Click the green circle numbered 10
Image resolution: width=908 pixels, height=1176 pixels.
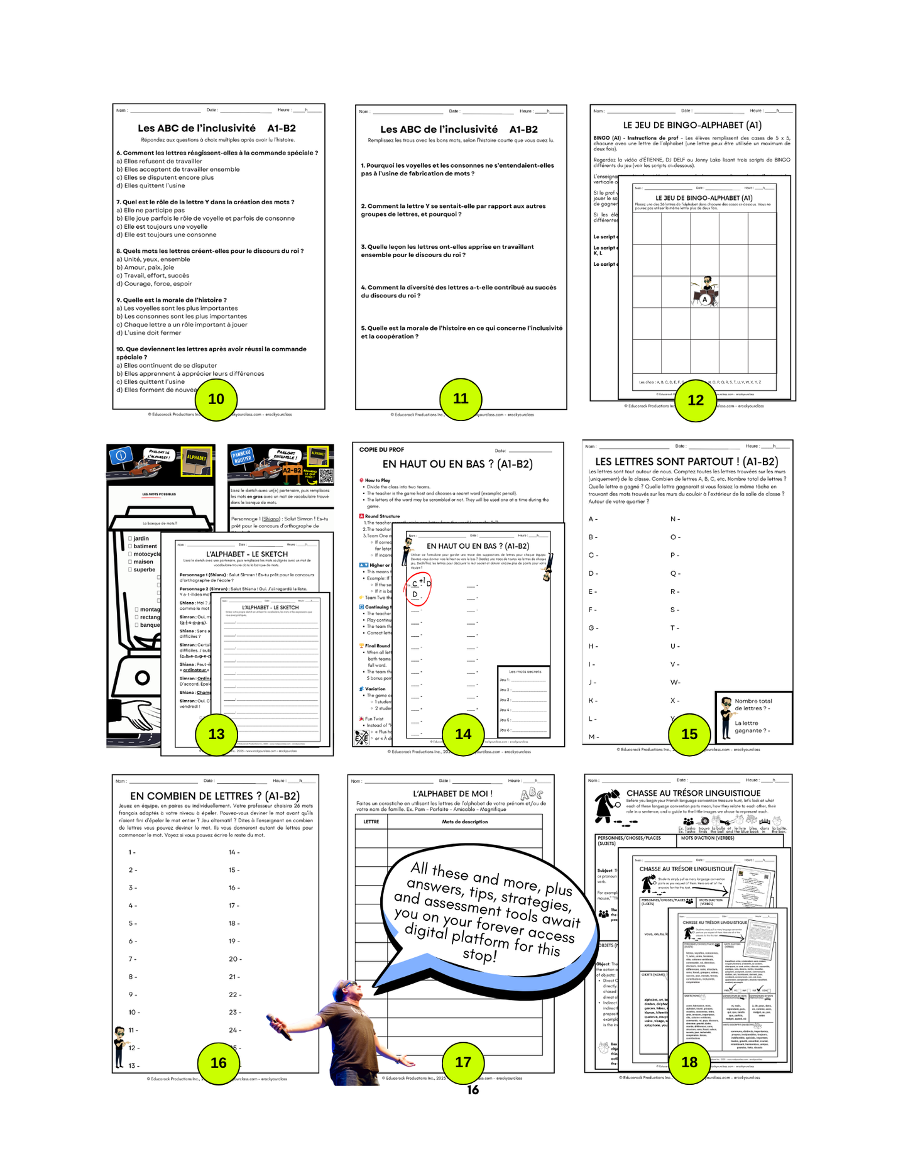point(216,399)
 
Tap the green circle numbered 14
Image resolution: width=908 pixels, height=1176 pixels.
point(463,734)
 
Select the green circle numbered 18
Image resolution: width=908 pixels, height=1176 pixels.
point(689,1062)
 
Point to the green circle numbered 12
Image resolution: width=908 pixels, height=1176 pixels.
point(696,400)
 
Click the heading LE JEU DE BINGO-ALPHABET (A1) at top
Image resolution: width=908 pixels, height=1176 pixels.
point(692,125)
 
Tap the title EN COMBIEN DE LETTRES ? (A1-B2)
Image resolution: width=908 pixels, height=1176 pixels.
point(215,796)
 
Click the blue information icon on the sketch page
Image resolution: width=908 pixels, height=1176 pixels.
point(121,455)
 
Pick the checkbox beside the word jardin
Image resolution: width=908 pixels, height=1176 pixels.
point(129,539)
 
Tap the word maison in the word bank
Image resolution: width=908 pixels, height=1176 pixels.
point(143,562)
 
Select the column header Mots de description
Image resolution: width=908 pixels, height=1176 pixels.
point(464,822)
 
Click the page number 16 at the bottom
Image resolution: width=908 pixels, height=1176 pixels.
point(473,1090)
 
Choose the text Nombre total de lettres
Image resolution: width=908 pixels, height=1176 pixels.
point(753,705)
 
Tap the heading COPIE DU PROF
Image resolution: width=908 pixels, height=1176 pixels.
point(381,450)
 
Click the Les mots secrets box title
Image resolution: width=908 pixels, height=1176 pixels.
point(524,671)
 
